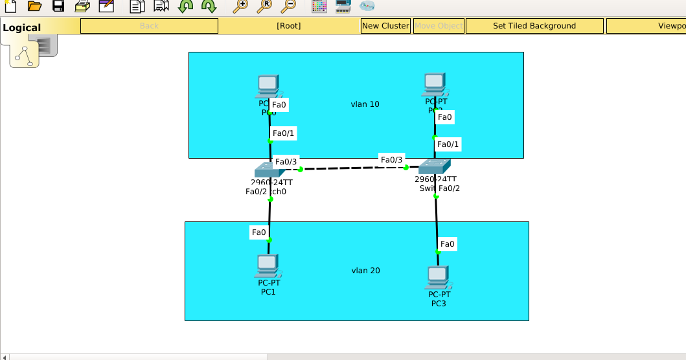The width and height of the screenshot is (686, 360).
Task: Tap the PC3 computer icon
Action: point(438,277)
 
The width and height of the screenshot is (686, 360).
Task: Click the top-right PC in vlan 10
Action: point(435,84)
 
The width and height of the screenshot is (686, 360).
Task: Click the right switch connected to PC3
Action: point(435,166)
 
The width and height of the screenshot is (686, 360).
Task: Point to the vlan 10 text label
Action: point(365,104)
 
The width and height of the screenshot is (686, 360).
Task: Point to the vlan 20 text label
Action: point(365,271)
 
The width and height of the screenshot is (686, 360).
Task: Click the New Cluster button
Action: point(385,26)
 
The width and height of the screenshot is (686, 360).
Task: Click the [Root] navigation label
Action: point(288,26)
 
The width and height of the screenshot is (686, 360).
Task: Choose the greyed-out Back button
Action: point(149,26)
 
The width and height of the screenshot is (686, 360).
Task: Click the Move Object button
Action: point(439,26)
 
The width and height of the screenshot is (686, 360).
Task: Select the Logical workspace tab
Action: point(22,28)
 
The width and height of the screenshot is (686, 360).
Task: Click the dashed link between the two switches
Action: point(353,168)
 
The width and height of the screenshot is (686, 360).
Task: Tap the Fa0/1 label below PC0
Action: point(284,133)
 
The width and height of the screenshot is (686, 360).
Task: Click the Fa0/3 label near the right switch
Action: point(391,160)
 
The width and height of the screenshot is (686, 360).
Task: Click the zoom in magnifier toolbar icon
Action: point(240,6)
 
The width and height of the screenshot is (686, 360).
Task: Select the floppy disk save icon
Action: point(58,6)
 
